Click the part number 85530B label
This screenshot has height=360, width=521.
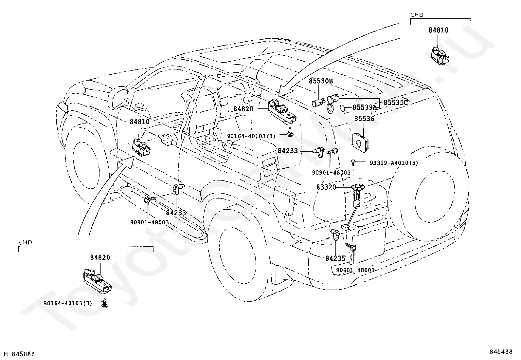coord(321,81)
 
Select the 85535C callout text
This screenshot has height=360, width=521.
coord(396,103)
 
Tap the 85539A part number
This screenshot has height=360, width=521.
coord(365,107)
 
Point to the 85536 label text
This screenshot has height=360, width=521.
coord(364,119)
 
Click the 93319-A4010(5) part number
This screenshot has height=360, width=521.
coord(394,163)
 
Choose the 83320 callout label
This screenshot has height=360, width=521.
coord(326,187)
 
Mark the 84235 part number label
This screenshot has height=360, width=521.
coord(335,258)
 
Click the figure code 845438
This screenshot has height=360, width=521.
coord(501,351)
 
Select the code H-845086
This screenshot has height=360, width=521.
coord(19,354)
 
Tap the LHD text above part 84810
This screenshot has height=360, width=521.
coord(417,15)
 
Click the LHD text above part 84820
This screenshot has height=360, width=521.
coord(25,242)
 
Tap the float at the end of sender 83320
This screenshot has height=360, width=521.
coord(346,227)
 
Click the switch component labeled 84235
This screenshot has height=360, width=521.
coord(335,235)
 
